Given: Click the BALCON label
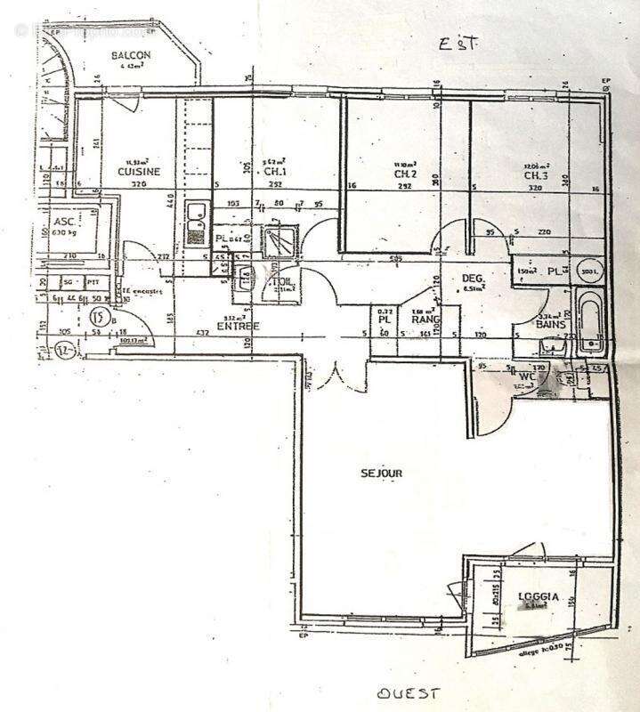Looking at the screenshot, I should (x=131, y=56).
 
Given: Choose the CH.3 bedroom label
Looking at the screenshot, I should (x=537, y=174).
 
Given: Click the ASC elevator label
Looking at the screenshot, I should (x=63, y=222).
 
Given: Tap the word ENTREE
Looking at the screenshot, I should (x=239, y=326).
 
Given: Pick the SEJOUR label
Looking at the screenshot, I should (x=382, y=473).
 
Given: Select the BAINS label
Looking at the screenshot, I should (x=551, y=326).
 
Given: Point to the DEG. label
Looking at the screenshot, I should (x=472, y=279).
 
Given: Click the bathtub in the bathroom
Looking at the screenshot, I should (x=589, y=320).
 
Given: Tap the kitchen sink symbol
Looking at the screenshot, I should (x=196, y=222).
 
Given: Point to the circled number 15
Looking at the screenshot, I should (x=99, y=315).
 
